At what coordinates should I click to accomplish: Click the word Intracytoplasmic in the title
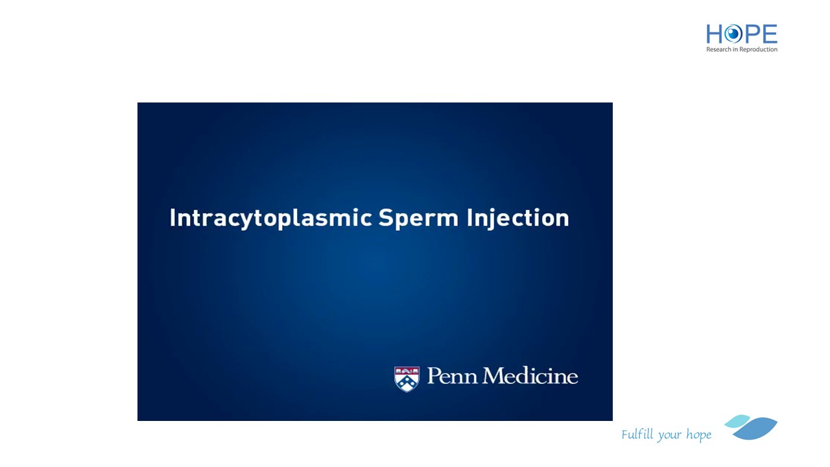271,219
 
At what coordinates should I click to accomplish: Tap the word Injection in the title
517,219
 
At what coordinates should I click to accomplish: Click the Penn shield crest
407,379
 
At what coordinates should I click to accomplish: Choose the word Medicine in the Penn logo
530,376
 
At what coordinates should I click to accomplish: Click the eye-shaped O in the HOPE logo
733,34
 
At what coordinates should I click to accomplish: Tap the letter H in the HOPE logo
714,34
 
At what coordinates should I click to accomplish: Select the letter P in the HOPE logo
752,34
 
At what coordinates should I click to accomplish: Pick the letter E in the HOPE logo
770,34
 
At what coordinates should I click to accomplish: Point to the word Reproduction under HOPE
758,50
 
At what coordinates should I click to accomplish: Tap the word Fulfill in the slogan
637,434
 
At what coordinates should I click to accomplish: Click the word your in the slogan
670,436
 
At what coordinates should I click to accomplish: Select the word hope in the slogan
699,435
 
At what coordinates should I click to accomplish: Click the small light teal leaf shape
737,421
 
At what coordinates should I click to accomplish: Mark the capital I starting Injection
469,217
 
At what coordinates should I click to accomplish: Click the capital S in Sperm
385,217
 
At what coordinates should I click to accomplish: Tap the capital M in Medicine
495,376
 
